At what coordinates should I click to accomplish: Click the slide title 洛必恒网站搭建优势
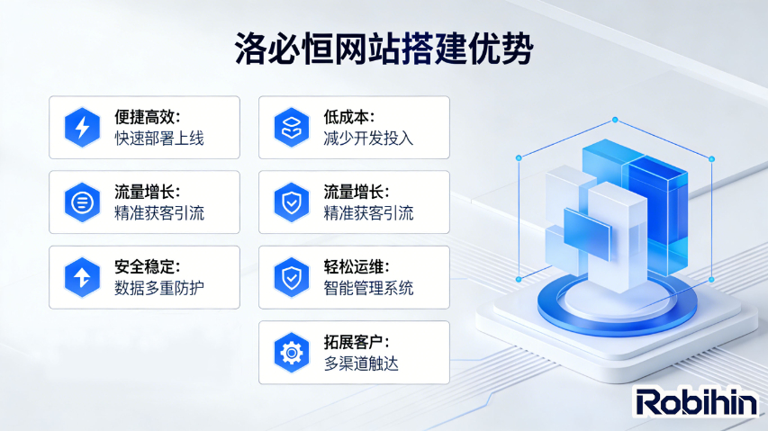384,47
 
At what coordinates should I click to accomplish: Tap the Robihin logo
696,402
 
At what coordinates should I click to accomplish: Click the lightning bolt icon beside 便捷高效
82,128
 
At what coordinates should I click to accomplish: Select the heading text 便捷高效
149,118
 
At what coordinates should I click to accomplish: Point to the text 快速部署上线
159,139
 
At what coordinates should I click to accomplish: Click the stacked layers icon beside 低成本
292,128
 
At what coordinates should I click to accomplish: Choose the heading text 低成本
348,118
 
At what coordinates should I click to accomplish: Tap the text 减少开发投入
368,139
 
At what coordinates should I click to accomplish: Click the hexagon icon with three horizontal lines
82,202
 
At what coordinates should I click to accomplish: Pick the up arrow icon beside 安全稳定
82,277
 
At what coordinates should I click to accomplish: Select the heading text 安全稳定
149,267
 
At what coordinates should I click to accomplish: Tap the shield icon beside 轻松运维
292,277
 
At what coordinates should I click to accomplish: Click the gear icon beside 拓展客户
292,352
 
